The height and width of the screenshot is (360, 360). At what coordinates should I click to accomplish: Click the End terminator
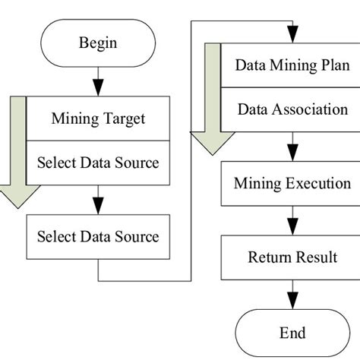(x=292, y=333)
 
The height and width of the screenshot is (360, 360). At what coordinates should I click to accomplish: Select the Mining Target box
(x=98, y=118)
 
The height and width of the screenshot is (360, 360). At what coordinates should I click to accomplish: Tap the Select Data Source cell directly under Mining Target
(x=98, y=162)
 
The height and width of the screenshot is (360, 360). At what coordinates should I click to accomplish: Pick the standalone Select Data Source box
(x=98, y=236)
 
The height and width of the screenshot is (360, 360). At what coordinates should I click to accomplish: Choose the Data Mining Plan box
(x=292, y=65)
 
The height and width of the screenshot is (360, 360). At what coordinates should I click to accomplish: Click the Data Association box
(x=292, y=109)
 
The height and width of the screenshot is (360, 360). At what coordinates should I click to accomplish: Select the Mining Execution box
(x=292, y=184)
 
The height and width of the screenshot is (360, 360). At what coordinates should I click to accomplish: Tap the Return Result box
(x=292, y=257)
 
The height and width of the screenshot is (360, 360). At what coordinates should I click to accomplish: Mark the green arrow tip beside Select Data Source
(x=12, y=199)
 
